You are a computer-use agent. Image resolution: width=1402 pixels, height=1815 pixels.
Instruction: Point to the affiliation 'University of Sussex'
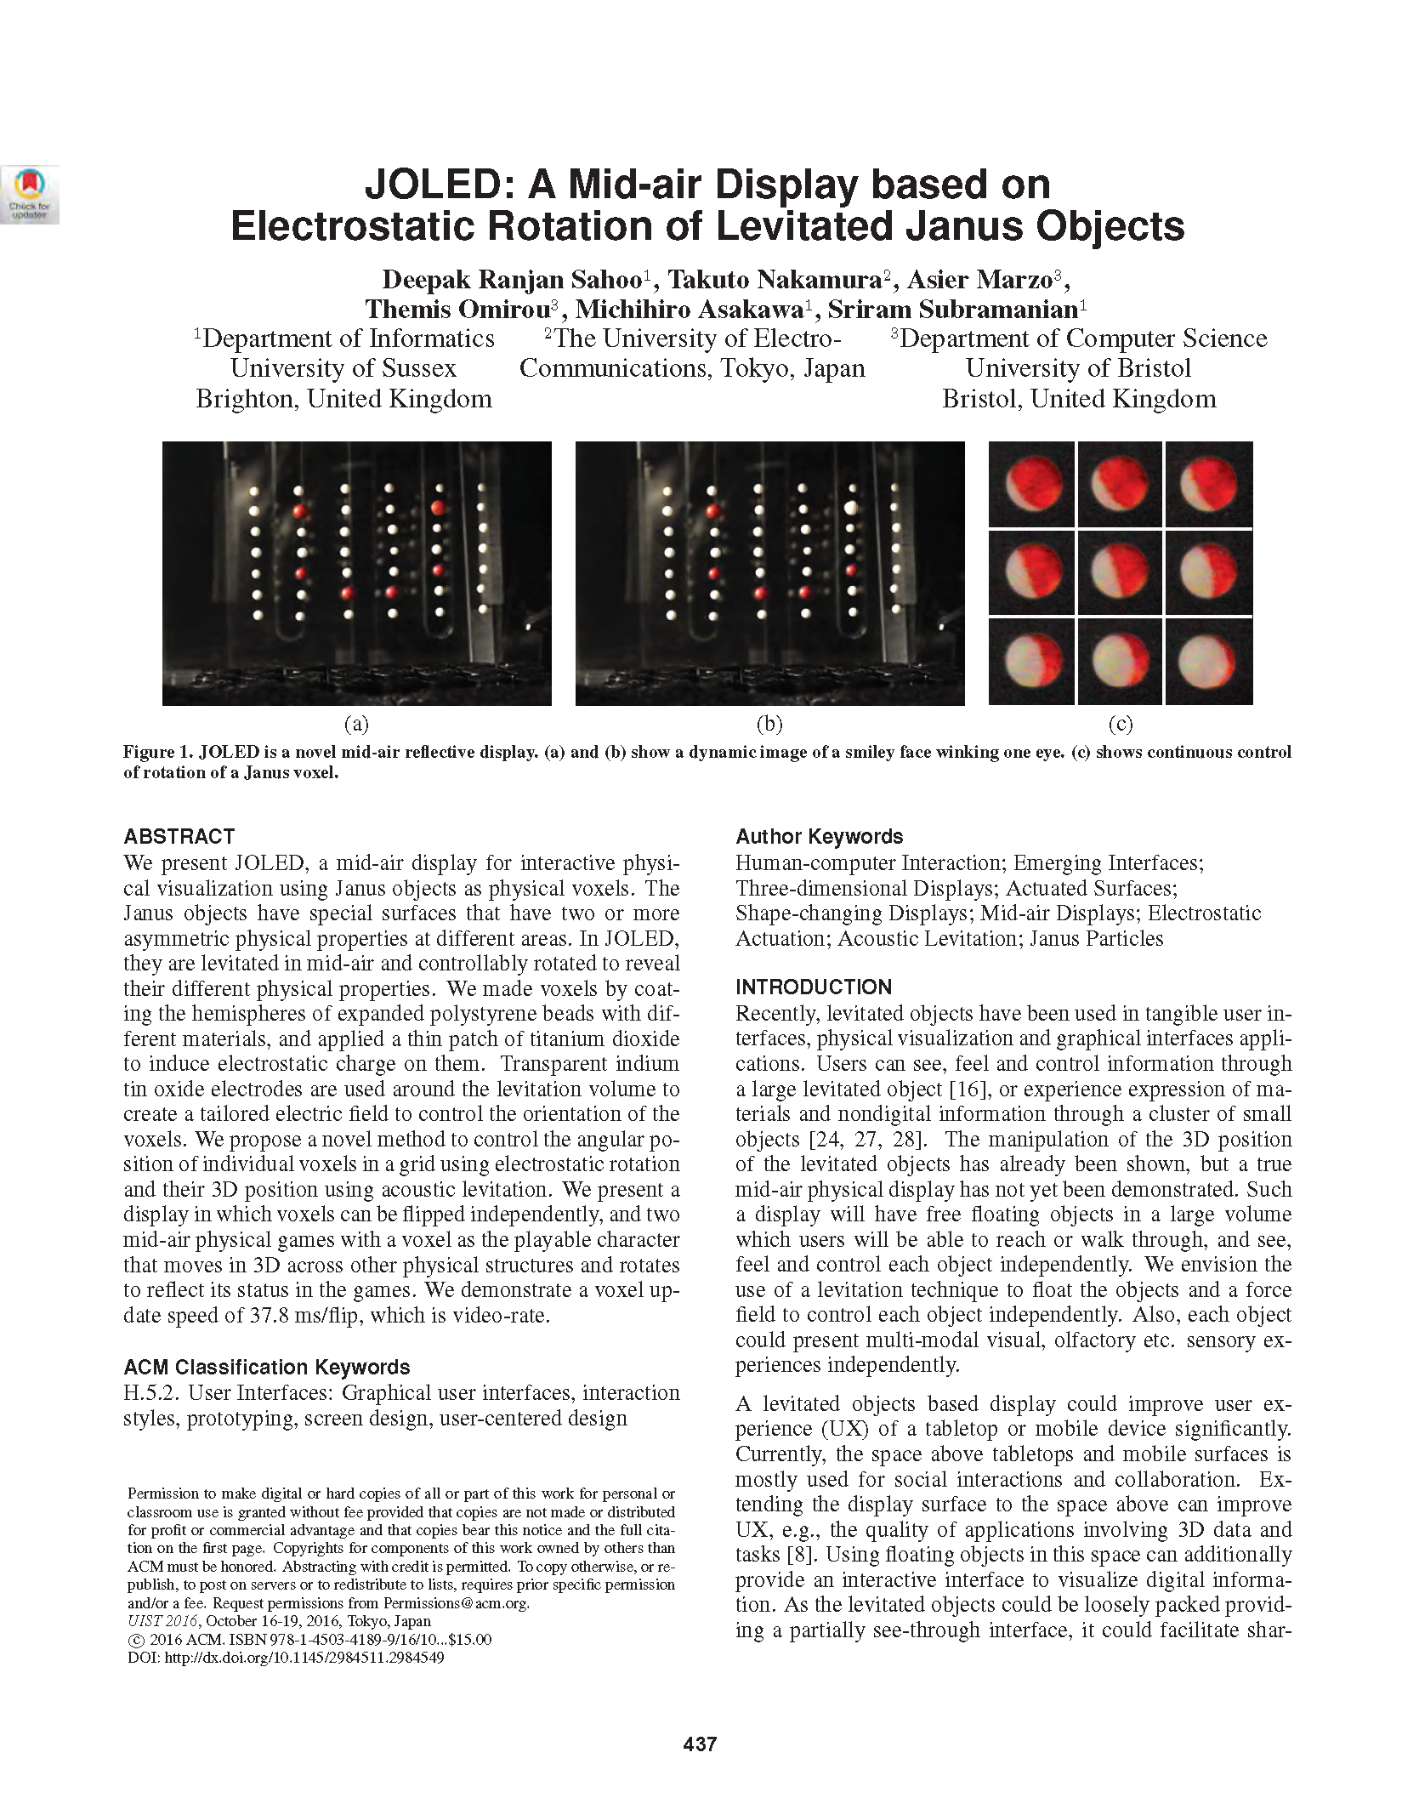coord(343,368)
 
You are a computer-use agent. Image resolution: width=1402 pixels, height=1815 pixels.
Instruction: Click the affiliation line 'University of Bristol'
coord(1078,368)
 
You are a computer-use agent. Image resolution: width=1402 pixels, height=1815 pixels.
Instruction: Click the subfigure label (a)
coord(356,724)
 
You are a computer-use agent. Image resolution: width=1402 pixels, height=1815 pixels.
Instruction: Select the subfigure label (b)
coord(769,724)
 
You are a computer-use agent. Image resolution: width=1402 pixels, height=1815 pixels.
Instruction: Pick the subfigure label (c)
coord(1121,724)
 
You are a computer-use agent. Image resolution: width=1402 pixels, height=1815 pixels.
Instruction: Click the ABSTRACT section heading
coord(179,836)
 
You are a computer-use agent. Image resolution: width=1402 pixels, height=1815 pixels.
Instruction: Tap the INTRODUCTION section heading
coord(814,987)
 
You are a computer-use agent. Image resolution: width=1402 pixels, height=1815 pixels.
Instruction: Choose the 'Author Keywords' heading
coord(819,836)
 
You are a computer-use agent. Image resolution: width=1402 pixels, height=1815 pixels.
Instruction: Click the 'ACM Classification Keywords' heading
coord(267,1367)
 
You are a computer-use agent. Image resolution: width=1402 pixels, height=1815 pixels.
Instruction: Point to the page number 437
coord(700,1744)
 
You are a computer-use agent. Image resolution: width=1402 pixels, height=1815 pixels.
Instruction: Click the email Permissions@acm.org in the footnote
coord(455,1603)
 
